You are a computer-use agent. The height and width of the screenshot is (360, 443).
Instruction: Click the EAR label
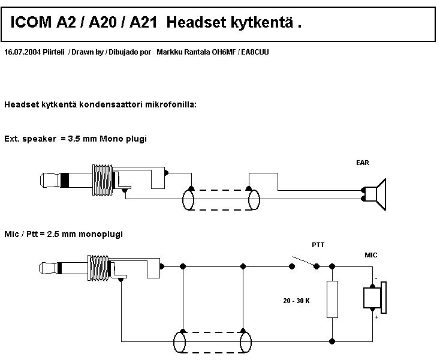pos(362,163)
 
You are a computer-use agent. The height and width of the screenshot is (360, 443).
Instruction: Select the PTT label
pos(318,245)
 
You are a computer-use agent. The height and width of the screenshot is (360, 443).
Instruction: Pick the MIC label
pos(371,255)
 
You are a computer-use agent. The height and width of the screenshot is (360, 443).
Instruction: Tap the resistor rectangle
pos(332,299)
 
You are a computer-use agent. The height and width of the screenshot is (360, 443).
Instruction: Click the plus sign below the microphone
pos(376,317)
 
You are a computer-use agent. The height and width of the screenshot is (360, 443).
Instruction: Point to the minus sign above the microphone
pos(376,279)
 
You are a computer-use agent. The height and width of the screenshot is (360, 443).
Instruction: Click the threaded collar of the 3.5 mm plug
pos(101,181)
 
